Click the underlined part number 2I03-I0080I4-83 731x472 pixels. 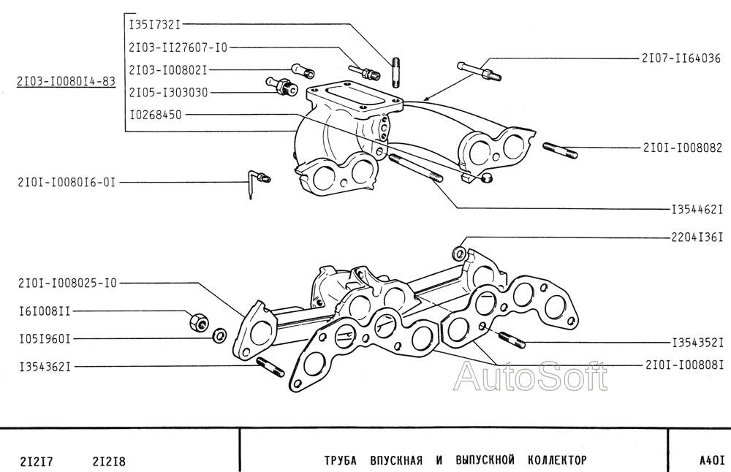tap(66, 82)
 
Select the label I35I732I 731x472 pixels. tap(154, 24)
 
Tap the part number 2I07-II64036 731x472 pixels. tap(681, 58)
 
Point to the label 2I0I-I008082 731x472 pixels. tap(683, 148)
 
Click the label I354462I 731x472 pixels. tap(697, 210)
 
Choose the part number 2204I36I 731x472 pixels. tap(697, 237)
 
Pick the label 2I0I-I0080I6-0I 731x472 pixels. tap(67, 182)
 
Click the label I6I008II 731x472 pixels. tap(45, 311)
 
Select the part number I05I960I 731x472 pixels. tap(45, 339)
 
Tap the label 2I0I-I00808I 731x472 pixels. tap(684, 365)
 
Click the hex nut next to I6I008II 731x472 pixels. tap(199, 321)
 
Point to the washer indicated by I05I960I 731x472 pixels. tap(219, 335)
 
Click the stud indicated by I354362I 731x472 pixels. tap(270, 367)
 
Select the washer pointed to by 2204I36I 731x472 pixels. tap(459, 253)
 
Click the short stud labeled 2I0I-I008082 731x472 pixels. tap(560, 151)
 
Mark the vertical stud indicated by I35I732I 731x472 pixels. tap(395, 72)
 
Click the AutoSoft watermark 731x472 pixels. tap(531, 376)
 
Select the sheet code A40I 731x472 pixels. tap(711, 460)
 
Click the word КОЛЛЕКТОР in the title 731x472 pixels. tap(557, 460)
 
